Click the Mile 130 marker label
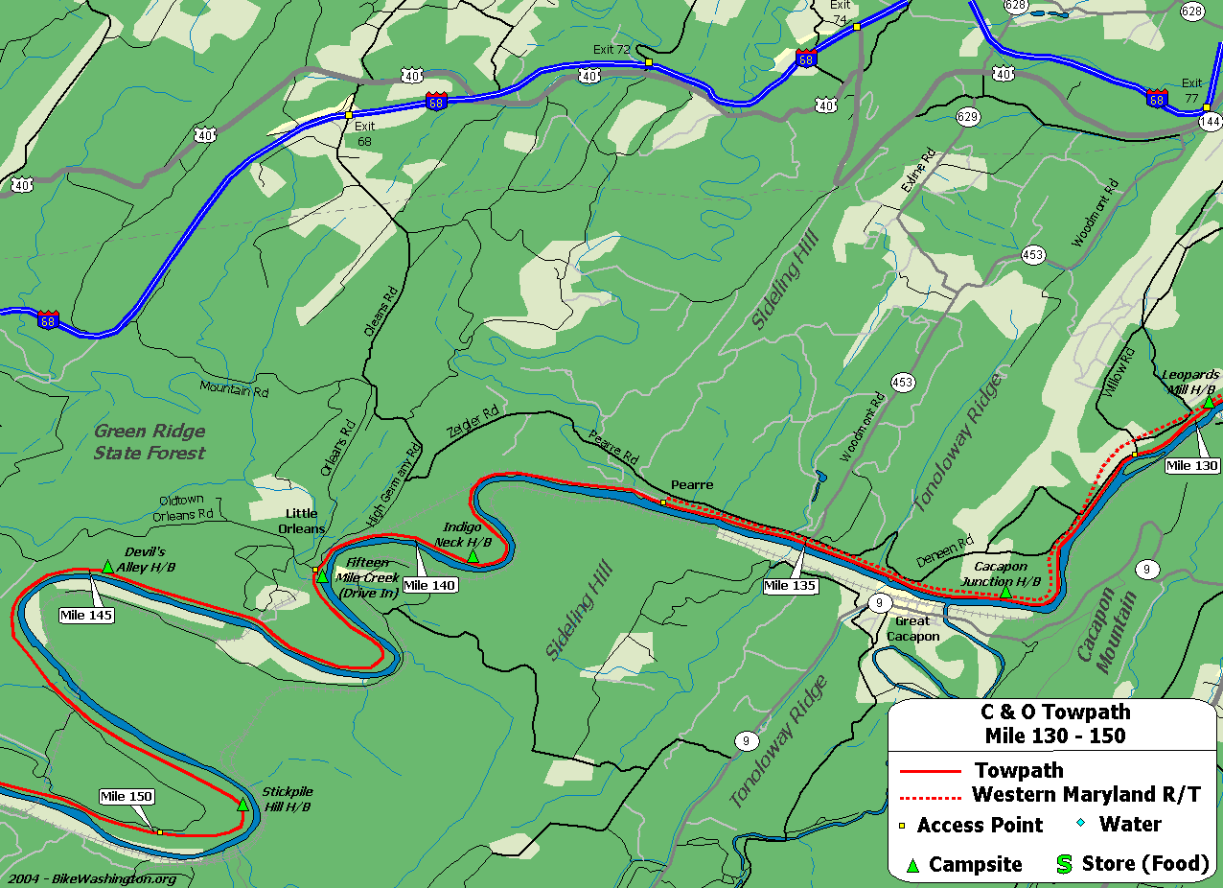coord(1192,466)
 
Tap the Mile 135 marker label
coord(790,585)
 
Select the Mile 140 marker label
coord(429,585)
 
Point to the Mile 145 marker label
coord(86,615)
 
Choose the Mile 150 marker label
coord(127,796)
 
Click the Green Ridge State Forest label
coord(150,442)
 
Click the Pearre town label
coord(692,485)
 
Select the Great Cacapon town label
coord(911,628)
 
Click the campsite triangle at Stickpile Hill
coord(242,805)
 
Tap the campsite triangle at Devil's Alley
coord(108,567)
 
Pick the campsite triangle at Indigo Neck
coord(473,556)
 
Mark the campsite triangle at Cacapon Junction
coord(1004,594)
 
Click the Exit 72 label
coord(611,48)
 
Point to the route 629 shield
coord(967,117)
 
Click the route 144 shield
coord(1211,121)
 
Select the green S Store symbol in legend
coord(1064,864)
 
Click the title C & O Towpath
coord(1054,712)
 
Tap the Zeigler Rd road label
coord(473,422)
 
